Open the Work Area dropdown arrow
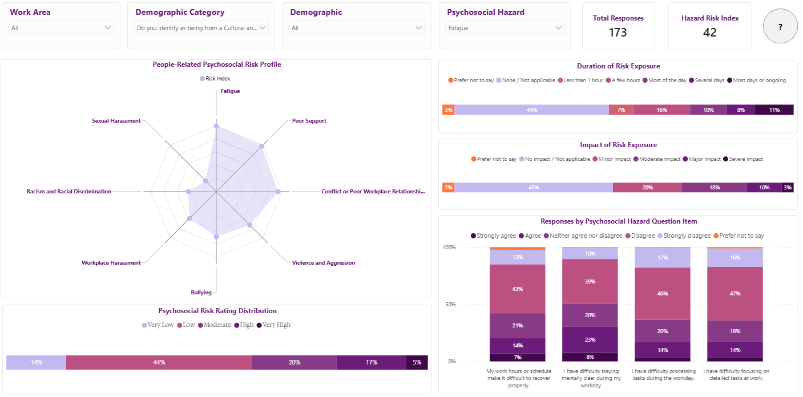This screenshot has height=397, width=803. [107, 27]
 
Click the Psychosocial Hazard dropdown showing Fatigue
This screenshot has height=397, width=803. [505, 27]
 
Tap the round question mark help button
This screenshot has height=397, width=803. [780, 26]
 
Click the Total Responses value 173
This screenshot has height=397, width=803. [618, 33]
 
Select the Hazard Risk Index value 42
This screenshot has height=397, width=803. [710, 33]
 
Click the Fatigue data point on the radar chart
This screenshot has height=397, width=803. [216, 126]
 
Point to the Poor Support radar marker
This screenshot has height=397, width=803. [262, 146]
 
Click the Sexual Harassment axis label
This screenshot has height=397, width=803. [116, 121]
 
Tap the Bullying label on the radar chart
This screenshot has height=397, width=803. [201, 293]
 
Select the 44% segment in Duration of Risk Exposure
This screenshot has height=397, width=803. [532, 110]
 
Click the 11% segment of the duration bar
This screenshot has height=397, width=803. [774, 110]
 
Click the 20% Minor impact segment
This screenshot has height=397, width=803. [647, 188]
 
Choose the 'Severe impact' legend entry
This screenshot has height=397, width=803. [743, 159]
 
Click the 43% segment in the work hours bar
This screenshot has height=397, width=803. [517, 289]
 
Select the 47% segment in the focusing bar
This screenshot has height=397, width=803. [735, 293]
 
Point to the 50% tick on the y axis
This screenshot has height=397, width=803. [450, 304]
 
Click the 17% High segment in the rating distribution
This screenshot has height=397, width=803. [372, 362]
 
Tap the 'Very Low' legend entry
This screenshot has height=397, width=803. [158, 325]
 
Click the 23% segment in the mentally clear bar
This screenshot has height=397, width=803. [590, 339]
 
